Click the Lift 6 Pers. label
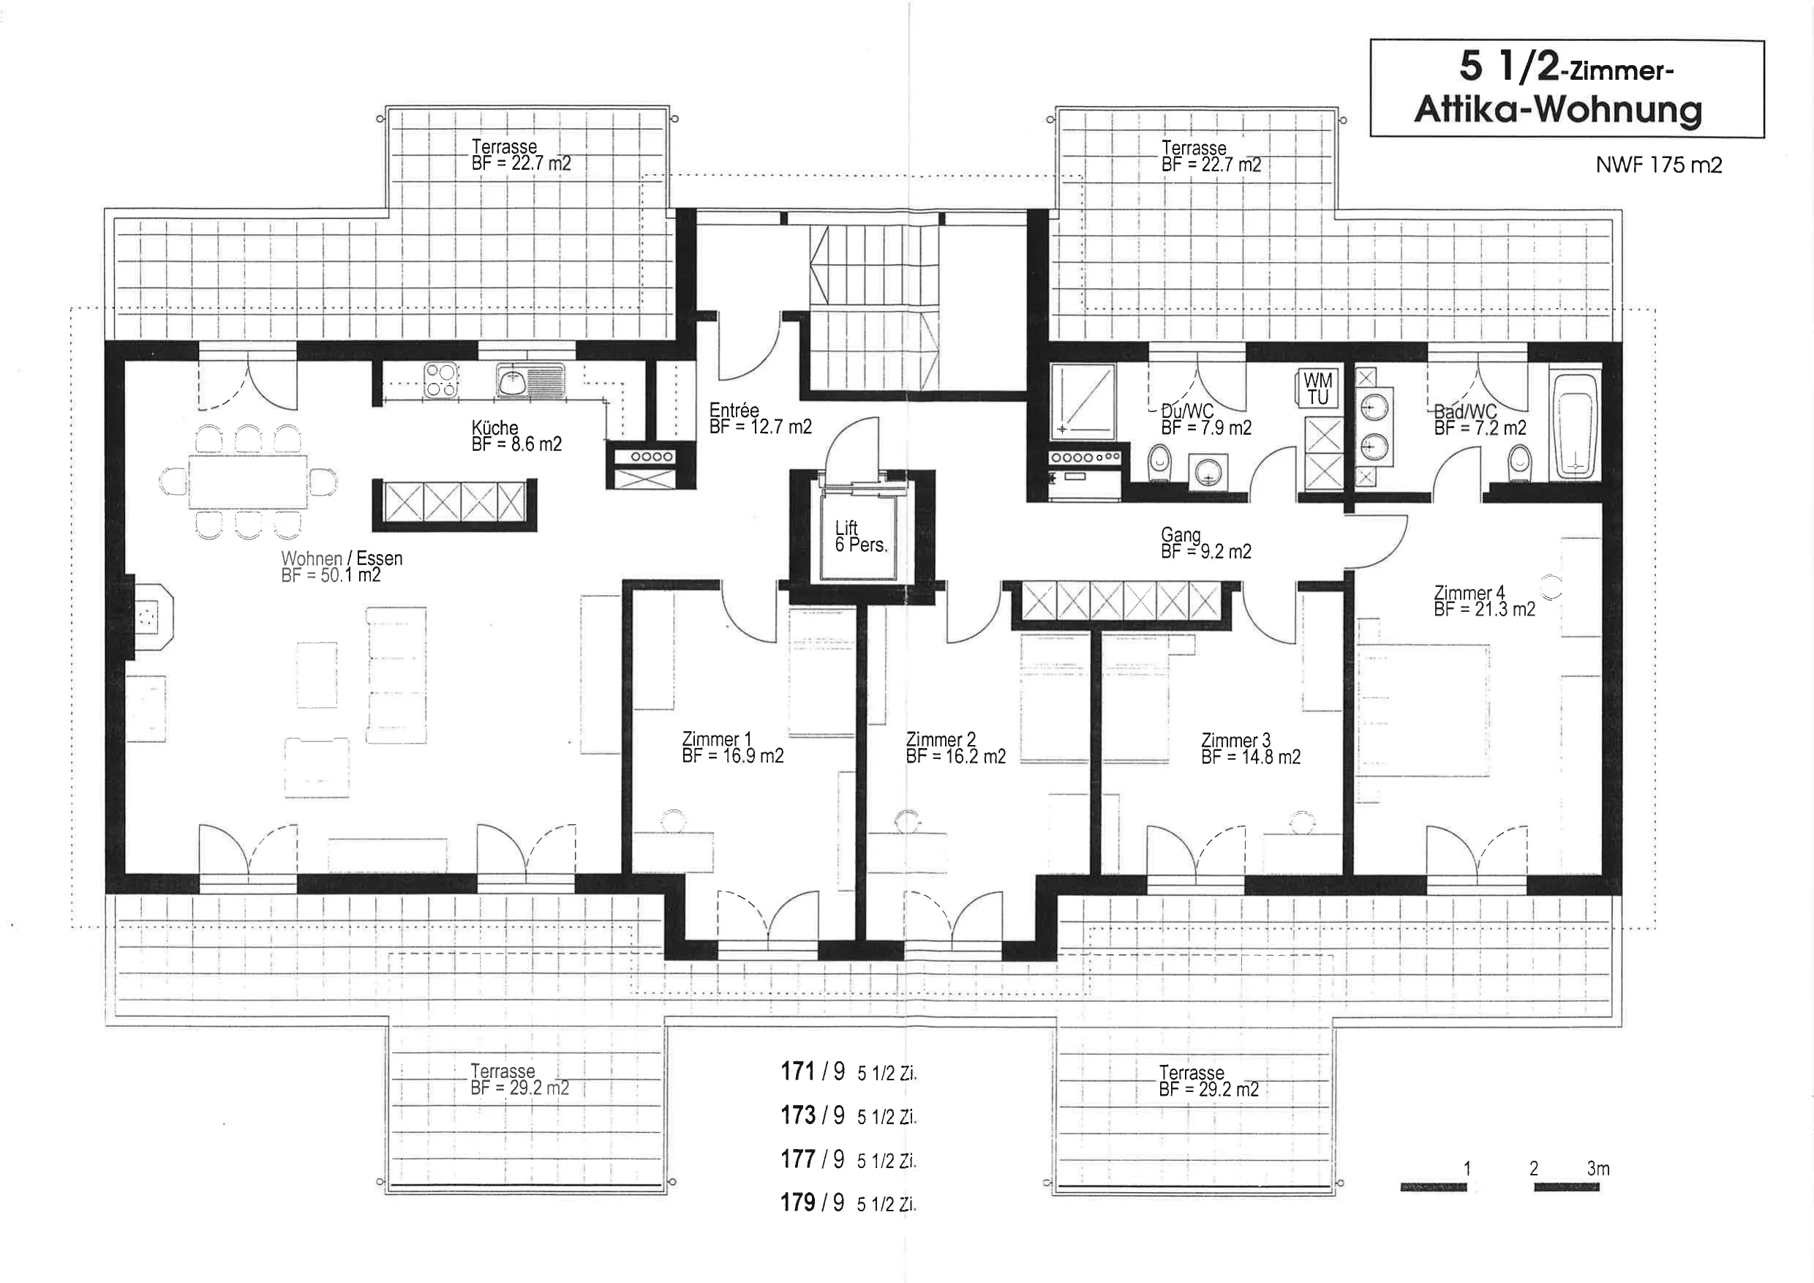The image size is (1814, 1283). tap(861, 536)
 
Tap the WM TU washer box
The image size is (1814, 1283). tap(1317, 389)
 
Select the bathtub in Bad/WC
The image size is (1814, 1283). tap(1577, 425)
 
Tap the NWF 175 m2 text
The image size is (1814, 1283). tap(1658, 165)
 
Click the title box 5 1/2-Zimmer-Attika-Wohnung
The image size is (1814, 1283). tap(1567, 89)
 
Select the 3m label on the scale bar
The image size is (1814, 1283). tap(1597, 1168)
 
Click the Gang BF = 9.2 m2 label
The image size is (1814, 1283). tap(1205, 543)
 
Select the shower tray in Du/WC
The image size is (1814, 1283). tap(1083, 402)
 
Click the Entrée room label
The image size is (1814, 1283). tap(734, 411)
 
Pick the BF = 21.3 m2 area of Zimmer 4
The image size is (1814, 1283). tap(1485, 610)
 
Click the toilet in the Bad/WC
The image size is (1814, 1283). tap(1519, 463)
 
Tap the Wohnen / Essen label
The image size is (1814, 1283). tap(342, 558)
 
